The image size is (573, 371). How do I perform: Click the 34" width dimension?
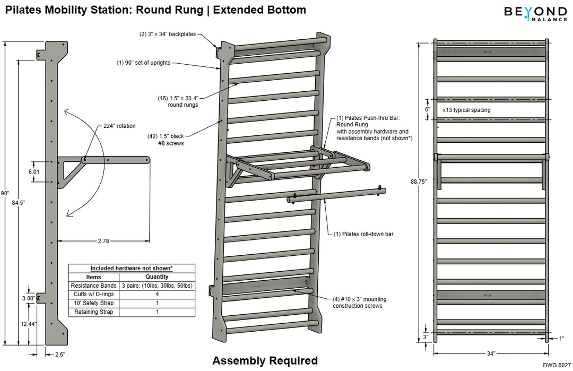coord(490,353)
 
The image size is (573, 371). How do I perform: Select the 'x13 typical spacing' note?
coord(466,110)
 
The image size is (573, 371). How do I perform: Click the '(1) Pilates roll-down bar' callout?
coord(363,234)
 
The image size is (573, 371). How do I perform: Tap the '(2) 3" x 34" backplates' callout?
coord(168,34)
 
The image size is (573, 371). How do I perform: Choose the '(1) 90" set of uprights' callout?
coord(144,63)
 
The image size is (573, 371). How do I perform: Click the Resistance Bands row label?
coord(93,286)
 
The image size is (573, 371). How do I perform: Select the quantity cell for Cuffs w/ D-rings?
coord(157,294)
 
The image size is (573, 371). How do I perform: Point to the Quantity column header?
coord(157,277)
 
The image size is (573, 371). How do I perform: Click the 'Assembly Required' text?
coord(265,361)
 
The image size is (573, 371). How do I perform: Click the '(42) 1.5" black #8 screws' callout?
coord(169,140)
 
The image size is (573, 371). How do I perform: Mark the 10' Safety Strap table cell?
coord(93,303)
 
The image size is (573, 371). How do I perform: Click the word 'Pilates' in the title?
coord(22,10)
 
